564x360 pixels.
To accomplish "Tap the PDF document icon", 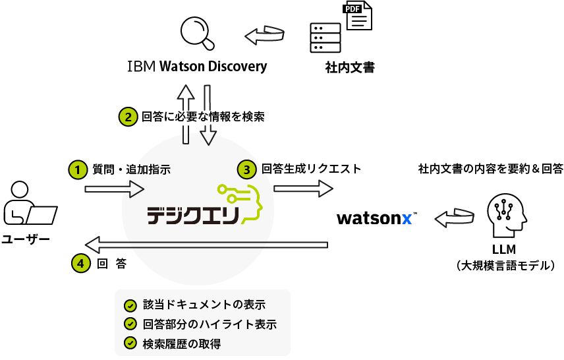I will [358, 15].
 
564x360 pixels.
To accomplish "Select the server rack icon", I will [325, 38].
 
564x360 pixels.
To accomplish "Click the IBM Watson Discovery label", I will [197, 66].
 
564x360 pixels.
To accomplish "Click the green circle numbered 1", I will [78, 169].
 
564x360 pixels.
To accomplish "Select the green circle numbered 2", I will [128, 117].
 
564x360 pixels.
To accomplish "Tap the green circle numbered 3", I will [246, 169].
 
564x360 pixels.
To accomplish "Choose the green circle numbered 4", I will [80, 263].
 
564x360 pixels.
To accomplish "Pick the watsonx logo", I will [374, 218].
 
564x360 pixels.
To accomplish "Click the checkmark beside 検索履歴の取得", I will [130, 343].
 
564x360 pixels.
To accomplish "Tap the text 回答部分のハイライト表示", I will [209, 324].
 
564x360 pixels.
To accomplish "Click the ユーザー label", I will [25, 239].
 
